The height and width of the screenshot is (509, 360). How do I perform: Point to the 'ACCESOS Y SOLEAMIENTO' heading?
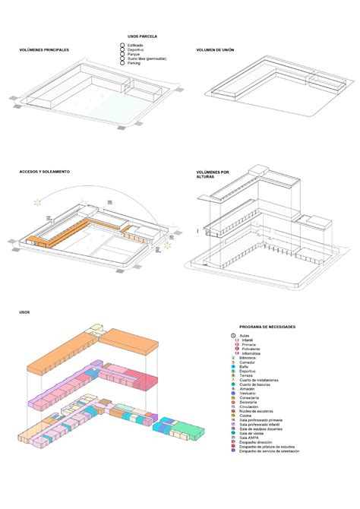pyautogui.click(x=45, y=172)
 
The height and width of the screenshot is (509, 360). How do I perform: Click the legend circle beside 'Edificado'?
pyautogui.click(x=122, y=46)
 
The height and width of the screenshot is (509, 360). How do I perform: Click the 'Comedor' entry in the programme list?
pyautogui.click(x=246, y=362)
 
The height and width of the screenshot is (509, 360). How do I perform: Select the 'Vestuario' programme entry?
pyautogui.click(x=247, y=393)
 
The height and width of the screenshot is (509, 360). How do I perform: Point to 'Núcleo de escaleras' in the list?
pyautogui.click(x=254, y=411)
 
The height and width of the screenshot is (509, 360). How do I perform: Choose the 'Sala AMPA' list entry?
pyautogui.click(x=248, y=438)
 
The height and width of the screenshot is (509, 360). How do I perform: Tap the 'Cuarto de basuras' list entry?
pyautogui.click(x=253, y=384)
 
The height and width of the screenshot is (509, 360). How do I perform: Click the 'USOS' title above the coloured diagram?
pyautogui.click(x=24, y=312)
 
